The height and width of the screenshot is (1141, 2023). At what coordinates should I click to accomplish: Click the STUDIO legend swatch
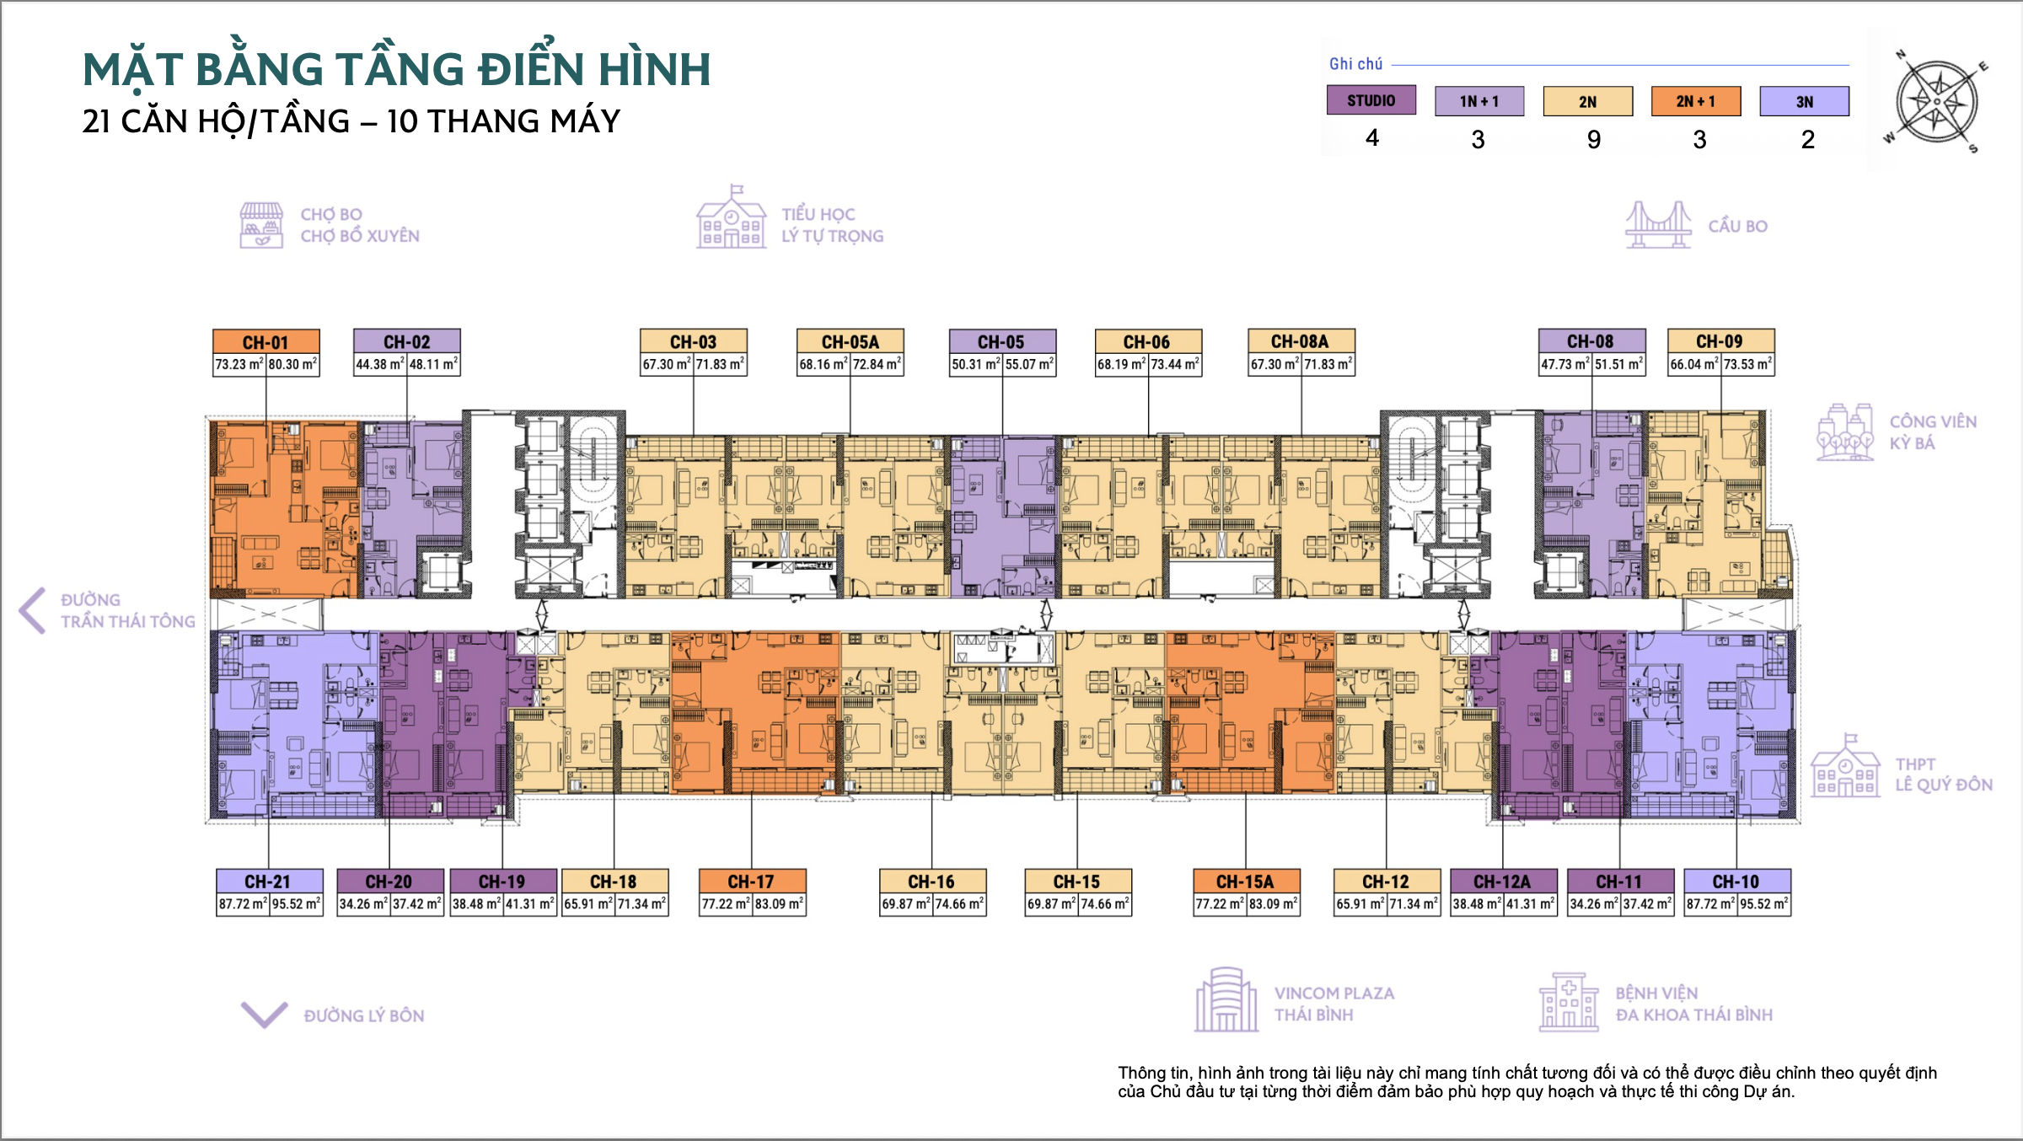(1371, 100)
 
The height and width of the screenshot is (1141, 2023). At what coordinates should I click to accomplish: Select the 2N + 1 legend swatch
(1695, 101)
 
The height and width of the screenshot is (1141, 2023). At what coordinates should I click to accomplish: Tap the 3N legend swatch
(1804, 101)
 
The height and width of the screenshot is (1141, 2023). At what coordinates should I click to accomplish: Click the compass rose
(1937, 102)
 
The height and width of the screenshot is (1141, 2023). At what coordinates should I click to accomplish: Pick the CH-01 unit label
(266, 342)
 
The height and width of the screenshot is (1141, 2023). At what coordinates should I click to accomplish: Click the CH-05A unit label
(850, 341)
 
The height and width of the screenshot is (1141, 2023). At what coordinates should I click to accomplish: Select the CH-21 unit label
(269, 881)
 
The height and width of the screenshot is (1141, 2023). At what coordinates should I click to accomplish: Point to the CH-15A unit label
(1246, 881)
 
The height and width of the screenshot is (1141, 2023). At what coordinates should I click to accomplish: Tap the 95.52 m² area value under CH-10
(1763, 904)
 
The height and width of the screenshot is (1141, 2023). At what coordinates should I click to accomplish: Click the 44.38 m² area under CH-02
(379, 365)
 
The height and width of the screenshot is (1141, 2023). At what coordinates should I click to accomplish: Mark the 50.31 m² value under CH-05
(975, 365)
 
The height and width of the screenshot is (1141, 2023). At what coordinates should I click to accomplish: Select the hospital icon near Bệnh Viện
(1568, 1002)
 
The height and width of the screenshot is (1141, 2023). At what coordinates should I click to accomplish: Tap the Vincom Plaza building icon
(1226, 999)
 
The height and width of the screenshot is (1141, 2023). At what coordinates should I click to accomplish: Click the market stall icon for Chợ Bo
(261, 225)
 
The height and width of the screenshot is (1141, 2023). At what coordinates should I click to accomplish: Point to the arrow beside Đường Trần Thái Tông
(32, 610)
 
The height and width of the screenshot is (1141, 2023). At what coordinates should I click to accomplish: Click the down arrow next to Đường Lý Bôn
(265, 1015)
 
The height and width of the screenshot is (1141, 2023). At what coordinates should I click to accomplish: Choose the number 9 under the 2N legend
(1593, 139)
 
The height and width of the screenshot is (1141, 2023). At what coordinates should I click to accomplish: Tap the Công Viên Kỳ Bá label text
(1933, 432)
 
